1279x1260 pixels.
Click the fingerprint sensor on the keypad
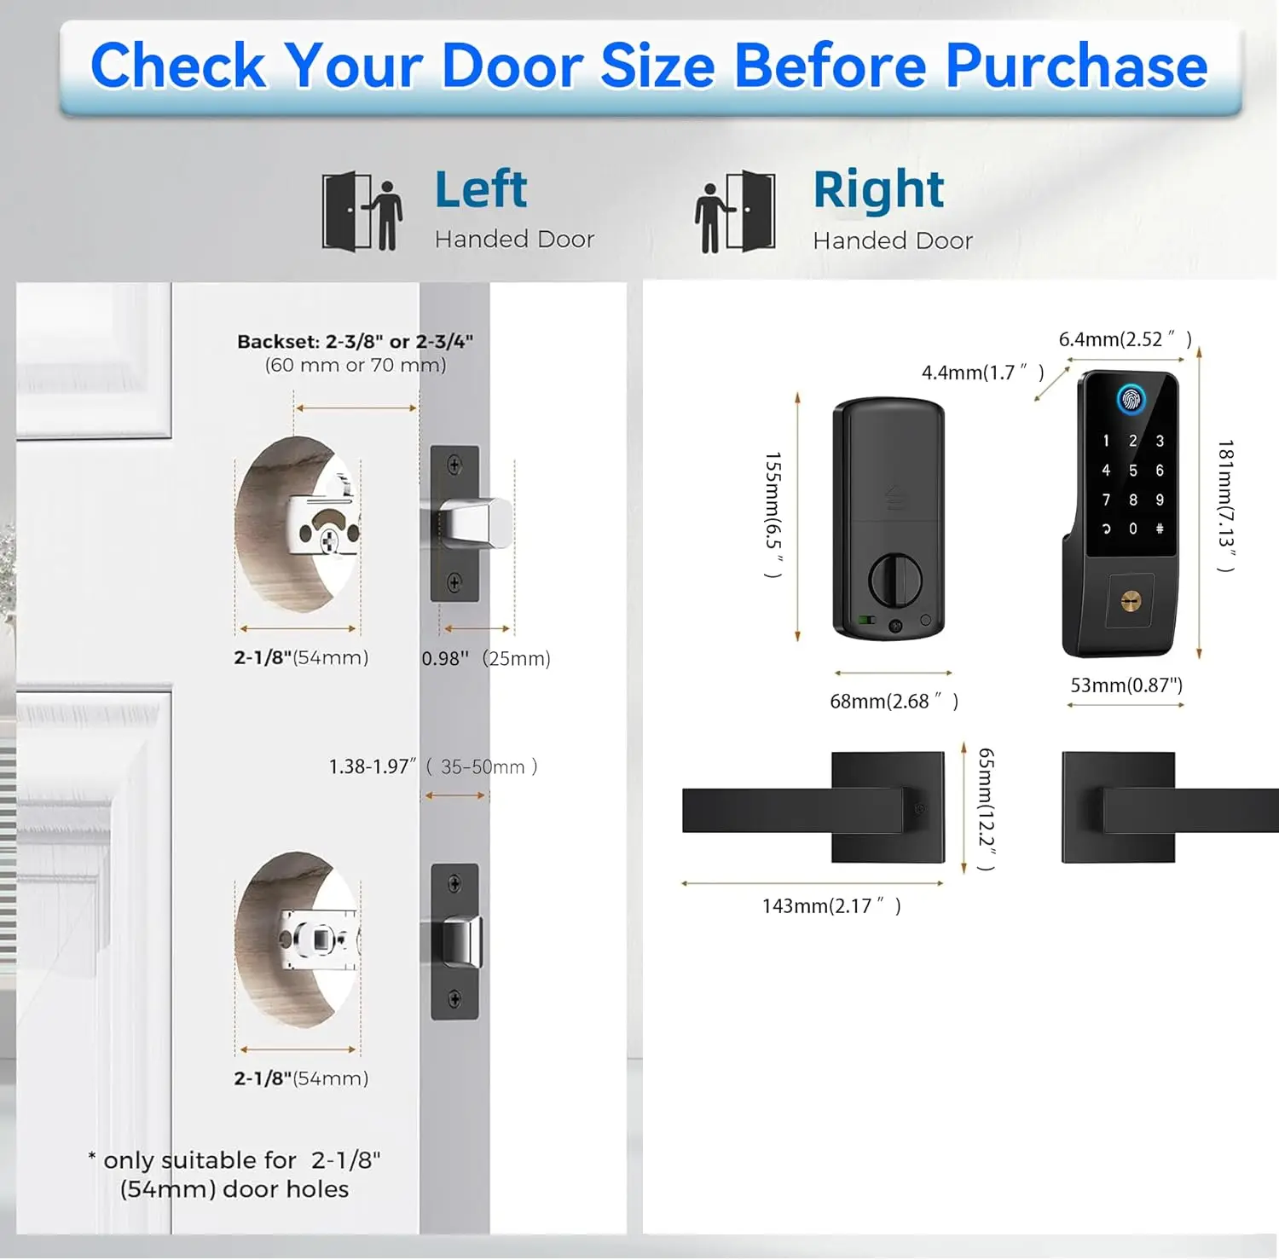pyautogui.click(x=1131, y=399)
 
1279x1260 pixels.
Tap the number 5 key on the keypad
pyautogui.click(x=1132, y=471)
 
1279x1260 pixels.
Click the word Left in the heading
pyautogui.click(x=481, y=188)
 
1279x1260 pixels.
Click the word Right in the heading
pyautogui.click(x=878, y=189)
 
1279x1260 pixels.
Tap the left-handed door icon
pyautogui.click(x=362, y=211)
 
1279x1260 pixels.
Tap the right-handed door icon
pyautogui.click(x=735, y=211)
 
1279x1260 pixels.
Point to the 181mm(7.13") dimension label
pyautogui.click(x=1225, y=506)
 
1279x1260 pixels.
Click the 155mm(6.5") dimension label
pyautogui.click(x=773, y=515)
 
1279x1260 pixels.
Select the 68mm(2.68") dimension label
pyautogui.click(x=894, y=702)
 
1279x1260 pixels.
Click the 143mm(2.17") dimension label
pyautogui.click(x=831, y=905)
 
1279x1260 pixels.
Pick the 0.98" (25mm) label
pyautogui.click(x=486, y=658)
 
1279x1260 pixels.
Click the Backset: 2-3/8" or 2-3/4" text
pyautogui.click(x=355, y=341)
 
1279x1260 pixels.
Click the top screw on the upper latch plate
pyautogui.click(x=454, y=465)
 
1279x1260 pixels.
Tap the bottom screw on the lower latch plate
pyautogui.click(x=454, y=999)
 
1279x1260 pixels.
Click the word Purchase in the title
pyautogui.click(x=1076, y=66)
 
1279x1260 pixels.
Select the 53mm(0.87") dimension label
pyautogui.click(x=1126, y=685)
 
